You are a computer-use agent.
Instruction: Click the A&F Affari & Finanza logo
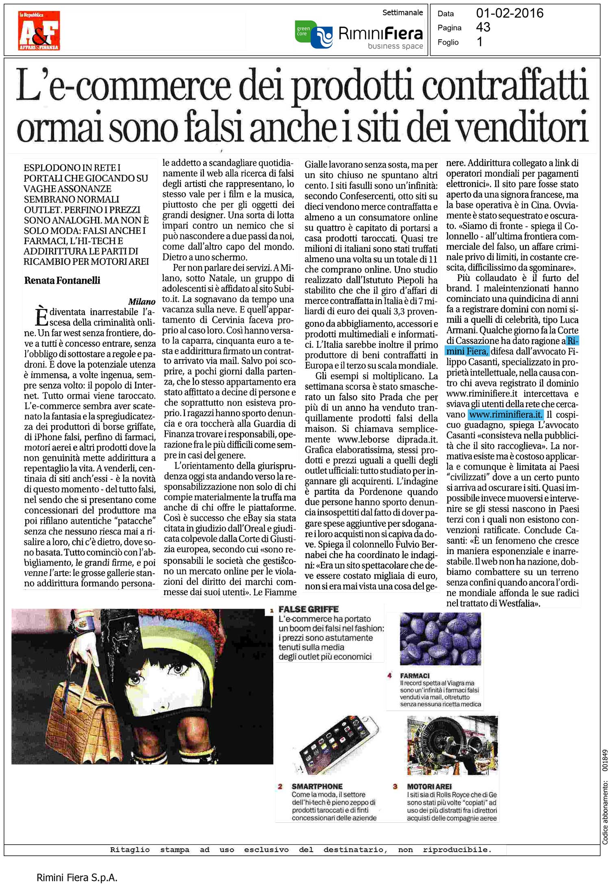click(x=39, y=31)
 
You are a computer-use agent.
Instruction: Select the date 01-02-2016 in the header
click(x=510, y=13)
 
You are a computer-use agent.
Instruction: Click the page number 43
click(x=483, y=28)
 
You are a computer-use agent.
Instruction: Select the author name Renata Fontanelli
click(x=62, y=281)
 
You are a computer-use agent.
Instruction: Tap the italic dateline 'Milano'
click(x=142, y=302)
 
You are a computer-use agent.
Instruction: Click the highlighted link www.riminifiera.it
click(x=505, y=415)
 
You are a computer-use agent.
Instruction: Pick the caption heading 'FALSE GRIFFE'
click(x=308, y=609)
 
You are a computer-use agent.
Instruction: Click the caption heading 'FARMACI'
click(x=415, y=676)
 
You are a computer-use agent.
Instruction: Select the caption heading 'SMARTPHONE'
click(x=317, y=787)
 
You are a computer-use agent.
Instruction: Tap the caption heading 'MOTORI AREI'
click(x=429, y=787)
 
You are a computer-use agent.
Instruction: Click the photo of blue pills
click(x=440, y=639)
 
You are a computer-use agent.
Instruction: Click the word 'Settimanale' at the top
click(x=403, y=13)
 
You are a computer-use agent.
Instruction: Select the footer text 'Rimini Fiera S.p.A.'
click(x=77, y=878)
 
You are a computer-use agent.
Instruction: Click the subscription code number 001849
click(x=605, y=760)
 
